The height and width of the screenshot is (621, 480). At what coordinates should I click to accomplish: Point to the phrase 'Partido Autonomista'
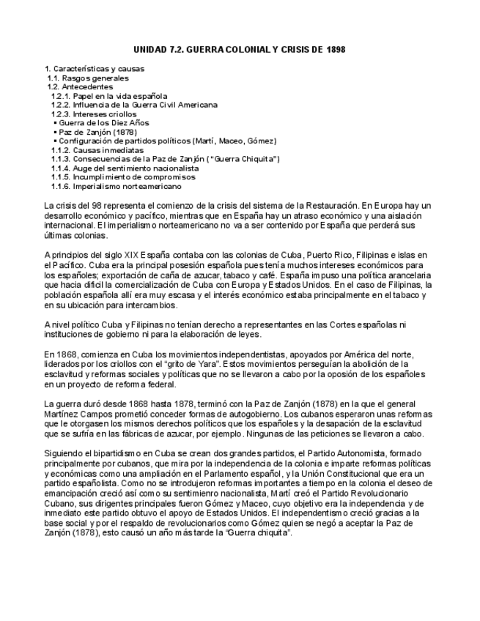(x=358, y=455)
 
